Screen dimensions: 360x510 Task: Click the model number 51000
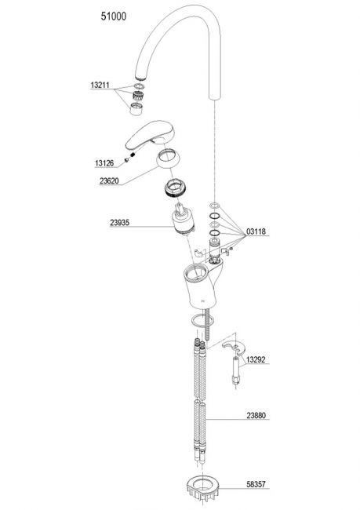[x=114, y=16]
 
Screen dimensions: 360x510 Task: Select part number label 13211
[x=100, y=86]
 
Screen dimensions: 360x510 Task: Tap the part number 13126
[x=104, y=163]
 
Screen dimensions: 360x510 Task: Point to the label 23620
[x=109, y=180]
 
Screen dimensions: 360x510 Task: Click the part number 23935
[x=120, y=223]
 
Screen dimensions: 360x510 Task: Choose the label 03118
[x=256, y=231]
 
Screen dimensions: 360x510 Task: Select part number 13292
[x=256, y=359]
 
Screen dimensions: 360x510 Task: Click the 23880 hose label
[x=256, y=415]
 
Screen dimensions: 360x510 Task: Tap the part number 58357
[x=256, y=484]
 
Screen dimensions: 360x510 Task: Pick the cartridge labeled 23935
[x=183, y=219]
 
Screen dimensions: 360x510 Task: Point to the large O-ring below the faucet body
[x=202, y=321]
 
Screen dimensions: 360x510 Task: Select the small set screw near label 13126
[x=127, y=160]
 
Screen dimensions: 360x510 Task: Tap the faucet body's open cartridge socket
[x=195, y=272]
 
